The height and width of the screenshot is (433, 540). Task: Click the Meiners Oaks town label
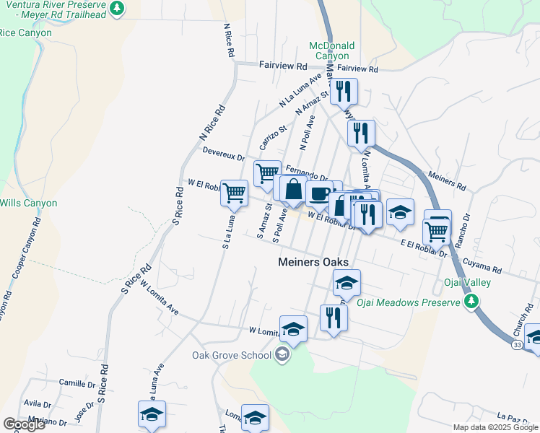313,263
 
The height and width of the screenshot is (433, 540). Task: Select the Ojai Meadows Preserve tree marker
473,302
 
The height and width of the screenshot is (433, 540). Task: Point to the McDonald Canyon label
329,51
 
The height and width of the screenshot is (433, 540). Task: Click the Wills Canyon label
28,203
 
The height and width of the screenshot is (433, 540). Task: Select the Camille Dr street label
77,382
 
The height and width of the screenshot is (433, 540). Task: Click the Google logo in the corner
23,424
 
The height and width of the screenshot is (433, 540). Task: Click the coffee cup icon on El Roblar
319,193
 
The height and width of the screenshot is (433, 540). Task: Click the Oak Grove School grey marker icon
282,354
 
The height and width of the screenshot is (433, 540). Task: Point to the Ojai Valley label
471,282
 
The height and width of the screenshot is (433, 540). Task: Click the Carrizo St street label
273,137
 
